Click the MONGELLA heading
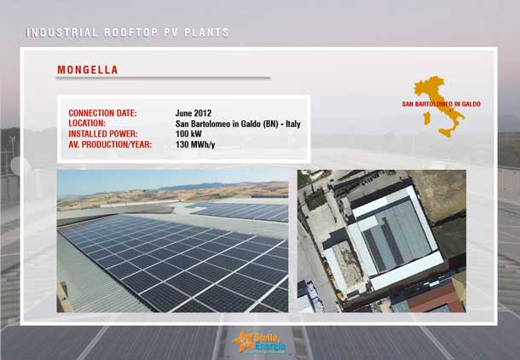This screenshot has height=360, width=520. point(88,70)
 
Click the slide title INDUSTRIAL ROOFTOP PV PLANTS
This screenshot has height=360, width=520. point(128,32)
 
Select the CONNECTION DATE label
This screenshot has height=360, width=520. point(102,113)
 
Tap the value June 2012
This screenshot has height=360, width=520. point(194,113)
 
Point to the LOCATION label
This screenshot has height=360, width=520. point(87,123)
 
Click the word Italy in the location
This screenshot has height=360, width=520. point(293,124)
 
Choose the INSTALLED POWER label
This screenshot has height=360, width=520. point(103,134)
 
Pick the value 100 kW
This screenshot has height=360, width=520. point(188,134)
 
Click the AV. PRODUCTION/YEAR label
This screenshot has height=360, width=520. point(110,145)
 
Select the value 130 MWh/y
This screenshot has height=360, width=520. point(195,145)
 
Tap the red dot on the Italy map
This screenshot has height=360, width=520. point(450,111)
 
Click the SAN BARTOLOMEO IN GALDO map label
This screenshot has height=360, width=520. point(441,104)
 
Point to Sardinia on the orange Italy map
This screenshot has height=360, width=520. point(427,118)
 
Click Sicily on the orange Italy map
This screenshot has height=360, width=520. point(446,133)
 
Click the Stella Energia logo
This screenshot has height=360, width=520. point(259,342)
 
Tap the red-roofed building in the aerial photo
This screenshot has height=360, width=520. point(435,298)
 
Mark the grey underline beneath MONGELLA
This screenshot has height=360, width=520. point(164,78)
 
